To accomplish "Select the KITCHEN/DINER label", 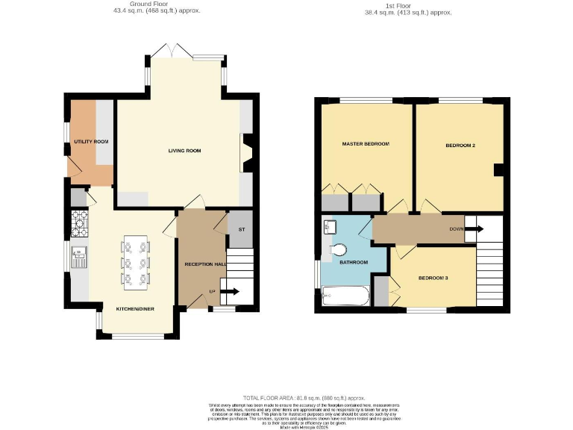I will click(x=135, y=308).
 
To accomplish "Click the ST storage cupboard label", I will click(x=241, y=230).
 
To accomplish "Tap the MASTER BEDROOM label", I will click(x=366, y=143).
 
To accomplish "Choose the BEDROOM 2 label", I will click(x=460, y=145).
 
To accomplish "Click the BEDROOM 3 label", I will click(x=433, y=278).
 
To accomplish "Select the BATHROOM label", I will click(x=354, y=262).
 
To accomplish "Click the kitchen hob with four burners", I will click(x=79, y=221).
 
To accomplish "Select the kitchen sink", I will click(x=78, y=258).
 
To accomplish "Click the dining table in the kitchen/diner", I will click(x=135, y=262).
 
